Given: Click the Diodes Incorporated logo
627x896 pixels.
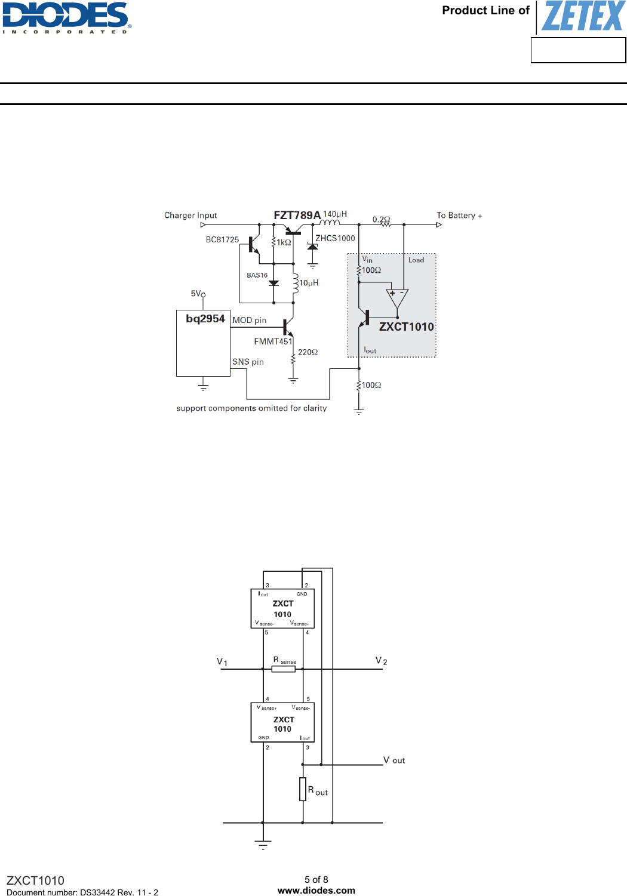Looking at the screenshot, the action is click(66, 18).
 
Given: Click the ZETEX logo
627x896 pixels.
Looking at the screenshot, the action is click(583, 16).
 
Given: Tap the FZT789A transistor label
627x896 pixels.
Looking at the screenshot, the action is click(297, 215).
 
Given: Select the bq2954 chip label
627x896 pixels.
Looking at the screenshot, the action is click(205, 318).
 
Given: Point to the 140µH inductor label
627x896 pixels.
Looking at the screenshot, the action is click(335, 214).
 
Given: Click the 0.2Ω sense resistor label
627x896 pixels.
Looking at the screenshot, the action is click(382, 219).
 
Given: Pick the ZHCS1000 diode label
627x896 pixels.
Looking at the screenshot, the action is click(336, 238).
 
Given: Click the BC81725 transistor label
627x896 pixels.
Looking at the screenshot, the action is click(222, 239).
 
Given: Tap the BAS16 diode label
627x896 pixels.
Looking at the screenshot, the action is click(257, 275).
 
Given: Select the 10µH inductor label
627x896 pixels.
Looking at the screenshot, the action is click(309, 283).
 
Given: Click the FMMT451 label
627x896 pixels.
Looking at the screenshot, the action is click(273, 341).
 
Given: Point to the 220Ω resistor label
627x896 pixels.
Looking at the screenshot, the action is click(308, 352).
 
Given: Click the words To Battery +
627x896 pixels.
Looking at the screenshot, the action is click(459, 215).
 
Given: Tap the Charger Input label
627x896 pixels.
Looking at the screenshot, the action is click(190, 215).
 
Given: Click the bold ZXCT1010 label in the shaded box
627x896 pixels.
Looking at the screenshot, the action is click(407, 327).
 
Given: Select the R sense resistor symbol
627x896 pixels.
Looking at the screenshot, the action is click(283, 669).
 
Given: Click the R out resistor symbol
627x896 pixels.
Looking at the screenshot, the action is click(303, 789).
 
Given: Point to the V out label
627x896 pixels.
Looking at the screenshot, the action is click(394, 760).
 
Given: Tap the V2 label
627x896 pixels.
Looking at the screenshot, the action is click(382, 660).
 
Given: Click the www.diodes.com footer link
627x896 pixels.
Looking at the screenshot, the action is click(316, 891).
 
